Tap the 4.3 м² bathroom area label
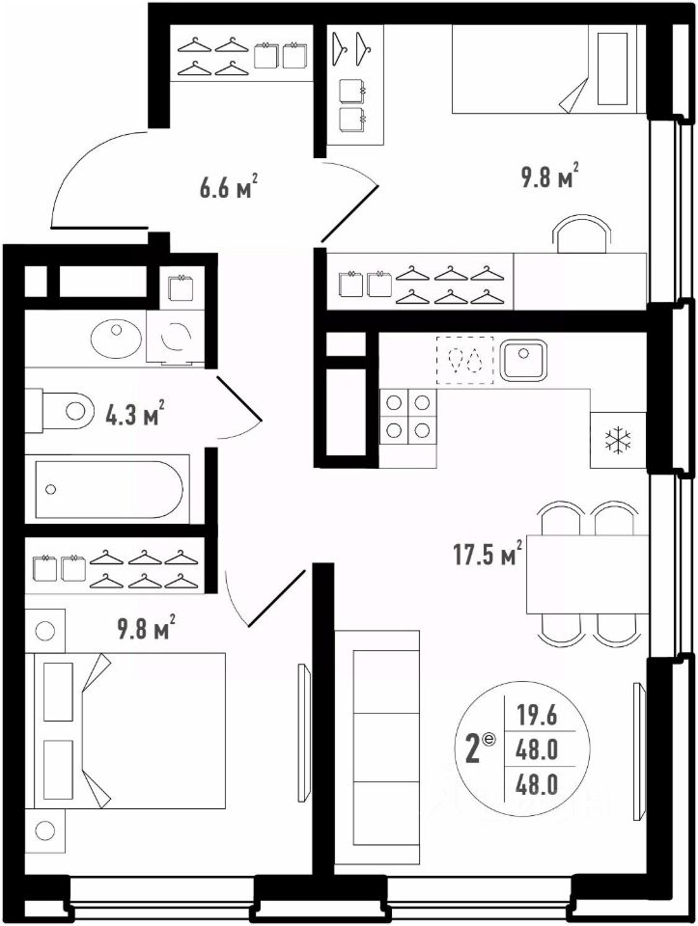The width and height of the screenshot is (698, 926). (134, 414)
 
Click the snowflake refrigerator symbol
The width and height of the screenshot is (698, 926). (618, 440)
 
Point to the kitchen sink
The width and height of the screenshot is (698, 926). (523, 360)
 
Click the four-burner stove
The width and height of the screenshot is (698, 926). (407, 417)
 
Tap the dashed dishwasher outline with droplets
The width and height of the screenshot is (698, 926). (464, 360)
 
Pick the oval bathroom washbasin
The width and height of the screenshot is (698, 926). (117, 339)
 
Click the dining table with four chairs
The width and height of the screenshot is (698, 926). (588, 573)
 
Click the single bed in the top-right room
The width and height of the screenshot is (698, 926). (549, 68)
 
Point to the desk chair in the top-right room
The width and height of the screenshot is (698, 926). (583, 233)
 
